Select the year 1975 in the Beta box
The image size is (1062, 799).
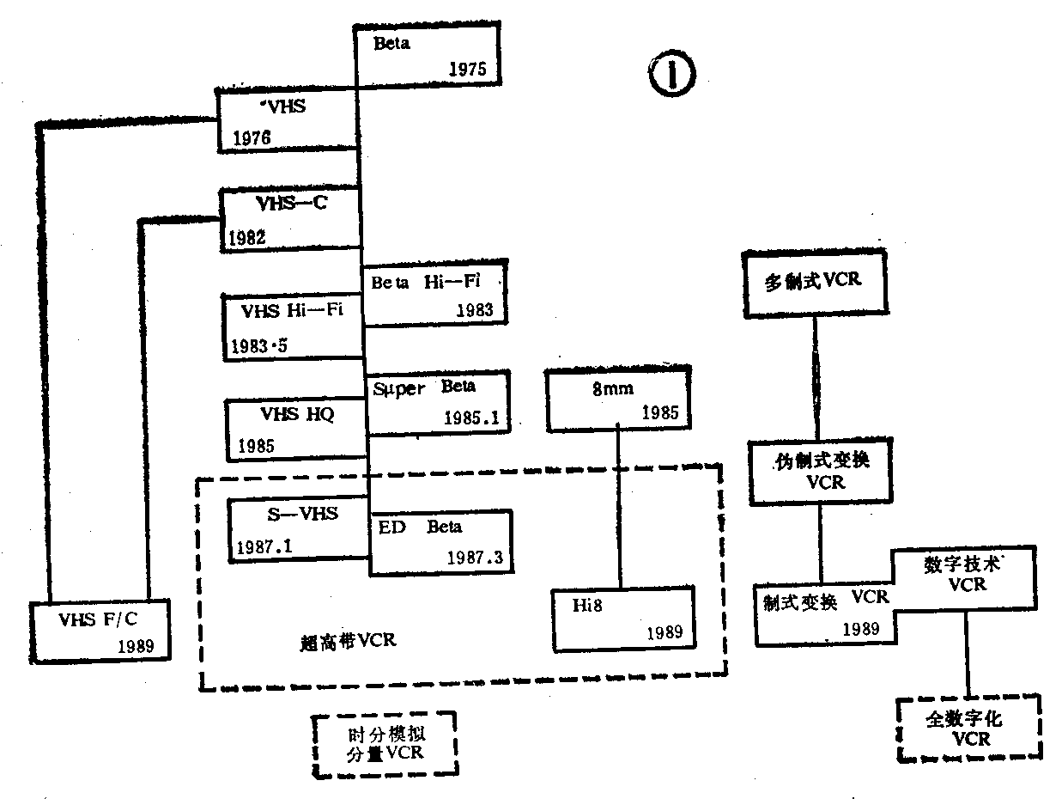coord(467,70)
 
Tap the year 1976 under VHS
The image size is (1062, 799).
coord(251,137)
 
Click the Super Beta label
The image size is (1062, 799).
coord(424,387)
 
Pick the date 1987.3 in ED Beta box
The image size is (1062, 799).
coord(474,557)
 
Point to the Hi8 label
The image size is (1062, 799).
coord(588,605)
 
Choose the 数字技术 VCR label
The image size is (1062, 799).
coord(966,574)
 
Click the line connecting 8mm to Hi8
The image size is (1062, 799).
coord(619,507)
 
